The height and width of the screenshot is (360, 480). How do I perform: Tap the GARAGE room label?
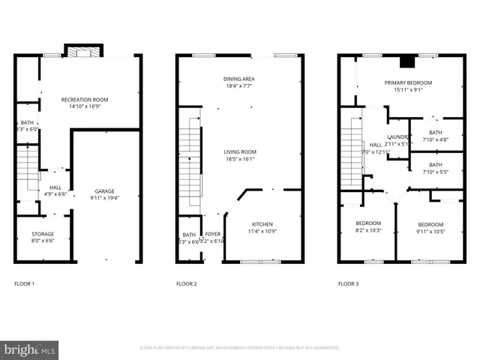pyautogui.click(x=104, y=191)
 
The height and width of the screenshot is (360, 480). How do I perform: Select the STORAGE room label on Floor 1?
pyautogui.click(x=42, y=234)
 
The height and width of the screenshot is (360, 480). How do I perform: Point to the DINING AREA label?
pyautogui.click(x=238, y=79)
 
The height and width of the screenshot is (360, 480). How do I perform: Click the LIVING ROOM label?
pyautogui.click(x=240, y=151)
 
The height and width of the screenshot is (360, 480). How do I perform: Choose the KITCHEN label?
pyautogui.click(x=262, y=224)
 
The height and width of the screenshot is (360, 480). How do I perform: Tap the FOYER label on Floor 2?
pyautogui.click(x=213, y=235)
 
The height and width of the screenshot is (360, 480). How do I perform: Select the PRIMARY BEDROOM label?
pyautogui.click(x=408, y=82)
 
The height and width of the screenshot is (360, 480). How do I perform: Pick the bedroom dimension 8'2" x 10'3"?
pyautogui.click(x=367, y=231)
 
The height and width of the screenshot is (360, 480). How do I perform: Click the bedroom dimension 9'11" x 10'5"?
pyautogui.click(x=430, y=232)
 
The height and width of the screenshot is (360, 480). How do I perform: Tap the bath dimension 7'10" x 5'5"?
pyautogui.click(x=435, y=172)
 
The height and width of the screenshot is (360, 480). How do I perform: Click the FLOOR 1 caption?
pyautogui.click(x=25, y=284)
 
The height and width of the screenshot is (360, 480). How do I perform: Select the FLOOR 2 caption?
pyautogui.click(x=186, y=284)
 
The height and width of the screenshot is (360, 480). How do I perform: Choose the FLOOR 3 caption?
pyautogui.click(x=348, y=284)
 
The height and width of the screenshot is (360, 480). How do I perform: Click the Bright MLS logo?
pyautogui.click(x=30, y=349)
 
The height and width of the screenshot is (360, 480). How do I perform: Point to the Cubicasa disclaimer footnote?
pyautogui.click(x=240, y=348)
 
